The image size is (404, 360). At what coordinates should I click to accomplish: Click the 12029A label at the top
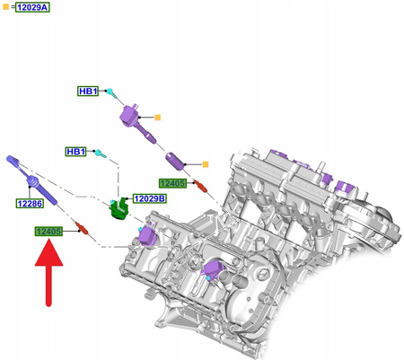pyautogui.click(x=33, y=7)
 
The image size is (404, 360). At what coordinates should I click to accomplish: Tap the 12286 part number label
pyautogui.click(x=30, y=205)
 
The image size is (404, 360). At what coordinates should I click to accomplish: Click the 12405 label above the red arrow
pyautogui.click(x=48, y=232)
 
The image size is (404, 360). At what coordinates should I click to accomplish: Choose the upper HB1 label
pyautogui.click(x=88, y=92)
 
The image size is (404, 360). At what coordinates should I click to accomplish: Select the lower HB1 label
pyautogui.click(x=76, y=153)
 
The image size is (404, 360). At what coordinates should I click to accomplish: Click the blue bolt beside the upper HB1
pyautogui.click(x=110, y=92)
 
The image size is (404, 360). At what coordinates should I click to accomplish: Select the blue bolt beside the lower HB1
pyautogui.click(x=101, y=154)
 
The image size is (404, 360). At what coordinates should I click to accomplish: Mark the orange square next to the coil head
pyautogui.click(x=158, y=118)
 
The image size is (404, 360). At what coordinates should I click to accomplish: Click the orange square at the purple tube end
pyautogui.click(x=206, y=164)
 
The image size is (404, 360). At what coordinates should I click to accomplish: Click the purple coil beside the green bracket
pyautogui.click(x=146, y=235)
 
